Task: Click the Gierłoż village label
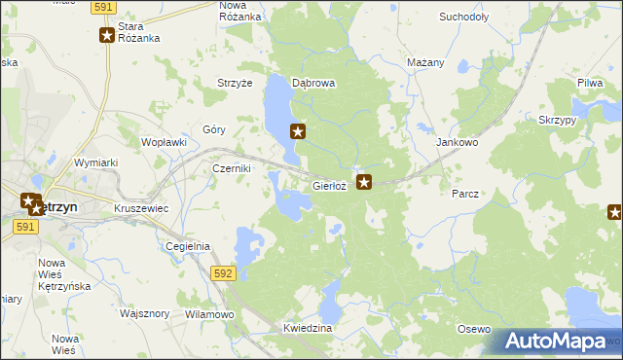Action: (329, 185)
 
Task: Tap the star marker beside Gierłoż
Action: (365, 181)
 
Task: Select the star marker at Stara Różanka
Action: (107, 36)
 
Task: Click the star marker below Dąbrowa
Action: (299, 131)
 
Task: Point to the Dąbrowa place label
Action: (313, 84)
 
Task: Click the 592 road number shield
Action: (223, 274)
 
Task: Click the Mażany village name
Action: (425, 62)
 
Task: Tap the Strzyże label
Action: (235, 84)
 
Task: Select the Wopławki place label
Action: (164, 142)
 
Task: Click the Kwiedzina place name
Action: (309, 329)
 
